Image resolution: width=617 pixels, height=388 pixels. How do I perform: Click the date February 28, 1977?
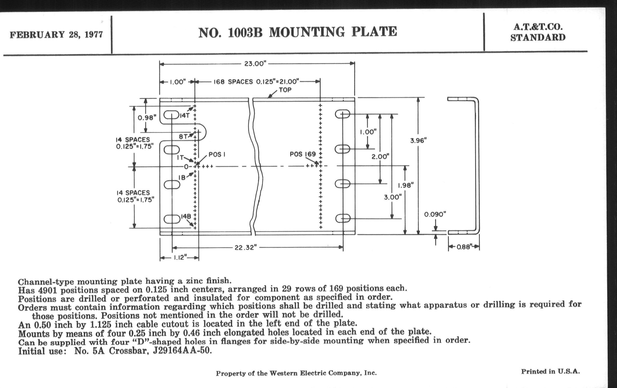click(x=56, y=34)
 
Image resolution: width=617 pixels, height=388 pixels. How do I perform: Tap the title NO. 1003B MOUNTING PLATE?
click(x=298, y=32)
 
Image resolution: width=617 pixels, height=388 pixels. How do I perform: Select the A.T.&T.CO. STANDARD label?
click(x=538, y=32)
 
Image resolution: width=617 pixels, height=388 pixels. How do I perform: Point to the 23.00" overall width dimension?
click(x=255, y=63)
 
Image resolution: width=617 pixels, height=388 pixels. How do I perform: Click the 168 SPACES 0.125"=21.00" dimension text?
click(x=256, y=82)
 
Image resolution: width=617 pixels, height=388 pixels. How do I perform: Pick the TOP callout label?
click(x=285, y=90)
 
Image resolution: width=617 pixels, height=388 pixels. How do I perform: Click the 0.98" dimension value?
click(x=147, y=118)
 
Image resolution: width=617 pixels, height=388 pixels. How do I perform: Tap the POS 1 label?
click(x=217, y=154)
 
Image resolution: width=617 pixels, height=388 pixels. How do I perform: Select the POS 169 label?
click(x=303, y=154)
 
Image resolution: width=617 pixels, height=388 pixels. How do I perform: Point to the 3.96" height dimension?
click(x=418, y=140)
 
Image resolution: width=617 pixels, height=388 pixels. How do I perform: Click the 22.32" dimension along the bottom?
click(x=246, y=248)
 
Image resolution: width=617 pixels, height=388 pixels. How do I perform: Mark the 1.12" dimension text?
click(x=180, y=257)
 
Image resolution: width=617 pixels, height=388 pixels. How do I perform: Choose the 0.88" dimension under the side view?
click(x=464, y=247)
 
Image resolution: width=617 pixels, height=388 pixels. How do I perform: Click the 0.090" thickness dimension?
click(x=435, y=214)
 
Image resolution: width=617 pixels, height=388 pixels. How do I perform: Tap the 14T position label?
click(x=184, y=115)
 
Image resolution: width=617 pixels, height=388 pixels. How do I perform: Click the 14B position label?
click(x=186, y=216)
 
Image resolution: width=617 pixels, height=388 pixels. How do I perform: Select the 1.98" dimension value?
click(x=405, y=185)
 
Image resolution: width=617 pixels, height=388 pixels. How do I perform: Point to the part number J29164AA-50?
click(x=182, y=350)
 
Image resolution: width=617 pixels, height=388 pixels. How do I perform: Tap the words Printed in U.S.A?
click(x=550, y=371)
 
